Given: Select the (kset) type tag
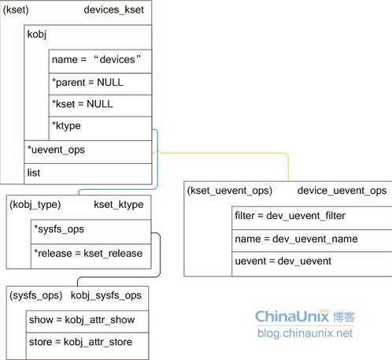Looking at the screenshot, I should click(x=17, y=10).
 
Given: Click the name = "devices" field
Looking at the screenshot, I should click(x=95, y=59).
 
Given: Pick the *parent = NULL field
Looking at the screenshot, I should click(x=87, y=82).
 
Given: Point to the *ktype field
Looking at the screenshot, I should click(x=66, y=126).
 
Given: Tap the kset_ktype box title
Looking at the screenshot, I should click(x=119, y=205).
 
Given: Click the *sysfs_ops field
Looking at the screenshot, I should click(x=59, y=229).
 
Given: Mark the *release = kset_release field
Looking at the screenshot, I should click(x=88, y=253).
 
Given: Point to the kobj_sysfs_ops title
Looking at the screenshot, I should click(x=106, y=295).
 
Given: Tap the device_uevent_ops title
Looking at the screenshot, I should click(x=342, y=191).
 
